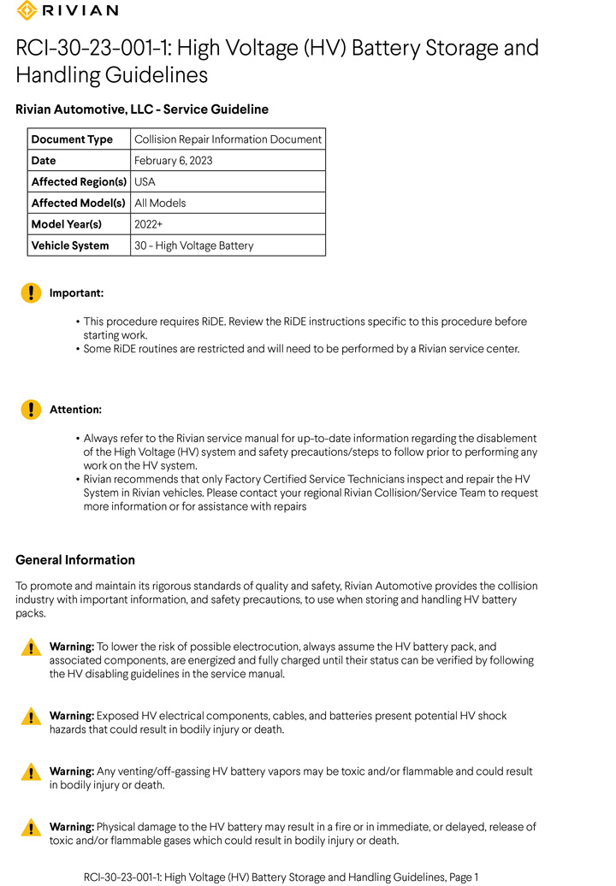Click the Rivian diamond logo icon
27,10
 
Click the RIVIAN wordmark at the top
80,10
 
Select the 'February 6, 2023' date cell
174,161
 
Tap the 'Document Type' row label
72,139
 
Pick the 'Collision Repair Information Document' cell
228,139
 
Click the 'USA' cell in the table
145,182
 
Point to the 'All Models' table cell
160,204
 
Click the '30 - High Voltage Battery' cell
194,245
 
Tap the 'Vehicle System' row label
70,245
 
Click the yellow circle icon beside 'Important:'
31,293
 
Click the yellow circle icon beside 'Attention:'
31,410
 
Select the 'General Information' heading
75,560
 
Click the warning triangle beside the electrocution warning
31,648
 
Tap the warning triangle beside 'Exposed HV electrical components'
31,717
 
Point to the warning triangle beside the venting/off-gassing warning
31,772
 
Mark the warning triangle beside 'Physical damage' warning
31,828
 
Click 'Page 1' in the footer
464,877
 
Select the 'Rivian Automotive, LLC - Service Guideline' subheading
142,109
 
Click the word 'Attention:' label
75,410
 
